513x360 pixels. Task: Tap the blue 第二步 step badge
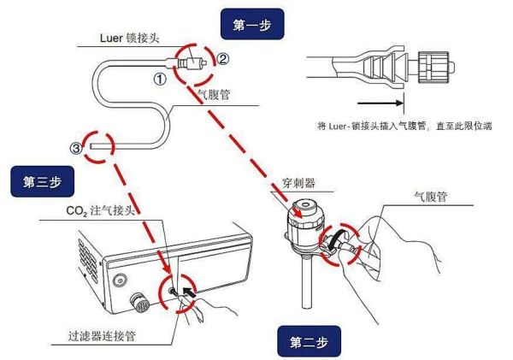309,342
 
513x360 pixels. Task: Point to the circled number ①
159,80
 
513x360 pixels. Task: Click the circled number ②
223,59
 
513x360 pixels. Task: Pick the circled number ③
76,148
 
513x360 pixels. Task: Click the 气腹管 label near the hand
430,196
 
